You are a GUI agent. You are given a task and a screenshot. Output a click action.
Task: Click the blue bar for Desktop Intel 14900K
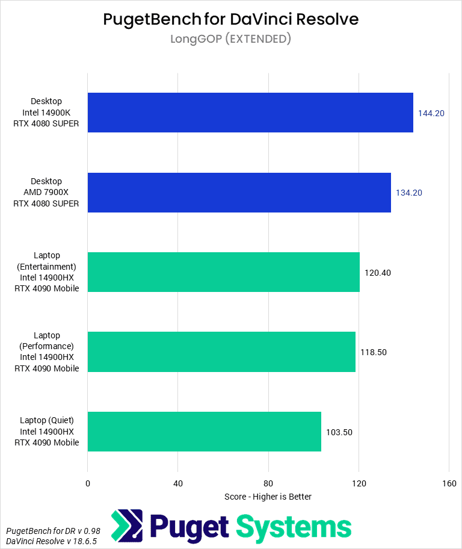(x=250, y=113)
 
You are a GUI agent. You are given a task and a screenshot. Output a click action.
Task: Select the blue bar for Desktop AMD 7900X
(x=239, y=193)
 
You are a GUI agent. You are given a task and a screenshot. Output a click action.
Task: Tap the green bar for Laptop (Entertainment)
(x=223, y=272)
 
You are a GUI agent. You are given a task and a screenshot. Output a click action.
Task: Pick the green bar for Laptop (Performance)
(x=221, y=352)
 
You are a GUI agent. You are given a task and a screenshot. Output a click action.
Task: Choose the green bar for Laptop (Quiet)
(x=204, y=432)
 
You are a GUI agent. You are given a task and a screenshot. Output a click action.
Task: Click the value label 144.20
(x=431, y=113)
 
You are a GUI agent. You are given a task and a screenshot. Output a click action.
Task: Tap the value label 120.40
(x=378, y=273)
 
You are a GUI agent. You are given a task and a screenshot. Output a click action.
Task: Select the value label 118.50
(x=374, y=352)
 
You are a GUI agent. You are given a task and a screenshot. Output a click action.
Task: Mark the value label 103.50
(x=339, y=432)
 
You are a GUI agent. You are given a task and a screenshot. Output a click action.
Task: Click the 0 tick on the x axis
(x=88, y=483)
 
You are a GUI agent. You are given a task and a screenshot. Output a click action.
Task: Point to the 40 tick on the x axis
(x=178, y=483)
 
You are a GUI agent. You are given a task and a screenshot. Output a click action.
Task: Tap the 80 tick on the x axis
(x=268, y=483)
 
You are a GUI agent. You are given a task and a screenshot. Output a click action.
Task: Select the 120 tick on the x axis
(x=359, y=483)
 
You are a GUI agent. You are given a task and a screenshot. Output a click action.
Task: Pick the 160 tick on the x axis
(x=449, y=483)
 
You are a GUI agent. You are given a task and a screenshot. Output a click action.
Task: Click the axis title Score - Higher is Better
(x=268, y=497)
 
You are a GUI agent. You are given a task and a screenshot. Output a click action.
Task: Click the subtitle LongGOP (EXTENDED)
(x=231, y=39)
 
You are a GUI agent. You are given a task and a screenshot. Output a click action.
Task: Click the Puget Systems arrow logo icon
(x=127, y=526)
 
